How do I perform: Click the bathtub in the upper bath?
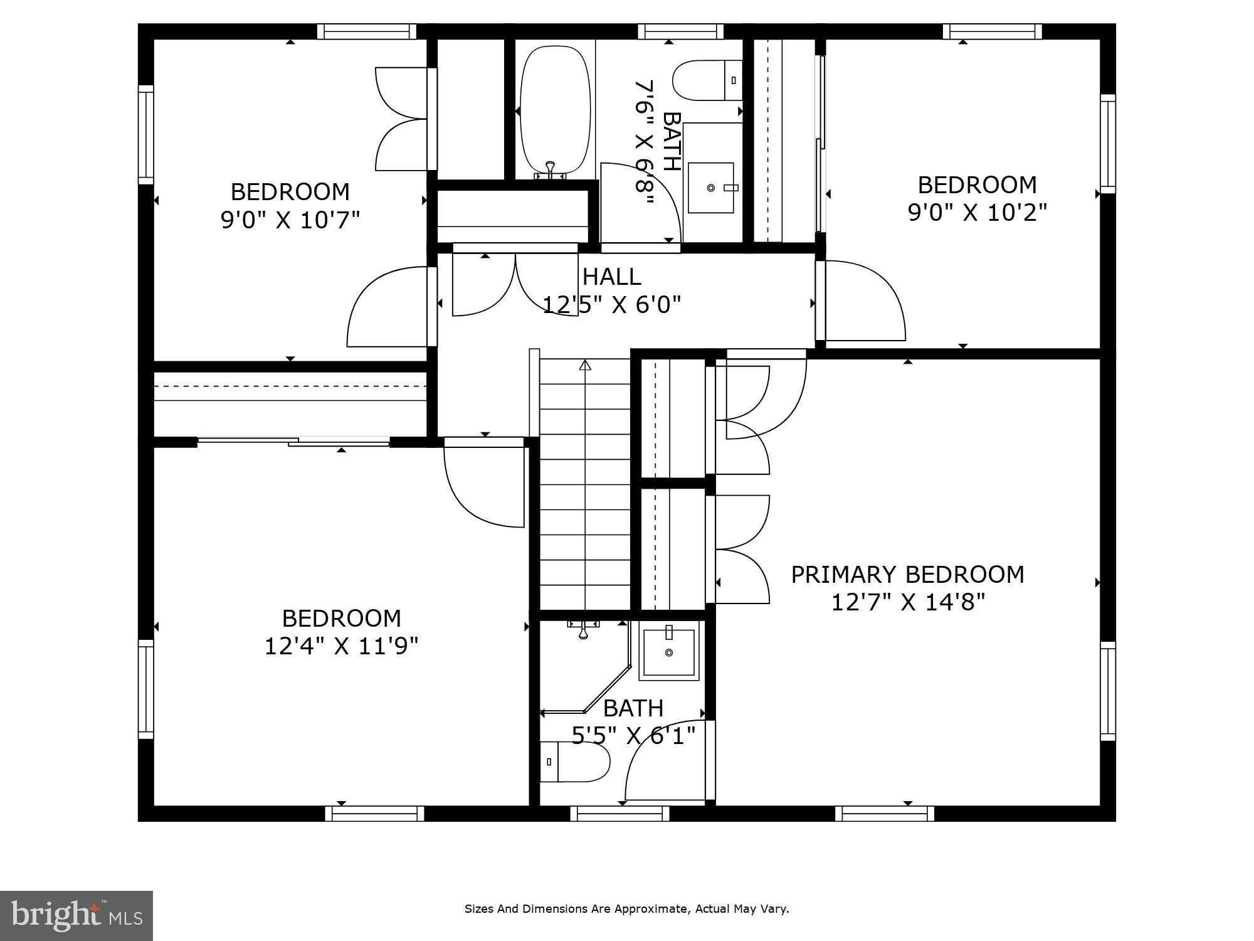[x=556, y=110]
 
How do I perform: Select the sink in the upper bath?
[x=710, y=188]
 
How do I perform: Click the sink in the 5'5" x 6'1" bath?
[x=668, y=652]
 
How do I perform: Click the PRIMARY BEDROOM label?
[x=907, y=575]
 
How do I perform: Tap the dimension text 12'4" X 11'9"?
[x=341, y=646]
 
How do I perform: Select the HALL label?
[x=611, y=277]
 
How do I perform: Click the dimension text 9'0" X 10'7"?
[x=290, y=220]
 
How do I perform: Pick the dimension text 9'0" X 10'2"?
[x=977, y=213]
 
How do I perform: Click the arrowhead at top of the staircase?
[x=585, y=364]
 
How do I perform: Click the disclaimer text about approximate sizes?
[x=626, y=908]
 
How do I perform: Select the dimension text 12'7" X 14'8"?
[x=908, y=602]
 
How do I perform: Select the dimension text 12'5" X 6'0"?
[x=611, y=305]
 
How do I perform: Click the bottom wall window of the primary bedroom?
[x=884, y=814]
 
